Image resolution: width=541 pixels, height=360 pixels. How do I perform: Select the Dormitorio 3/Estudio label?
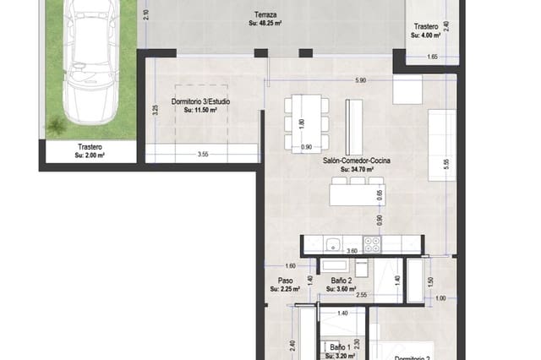pos(200,101)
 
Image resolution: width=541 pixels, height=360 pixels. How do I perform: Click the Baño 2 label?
pos(341,280)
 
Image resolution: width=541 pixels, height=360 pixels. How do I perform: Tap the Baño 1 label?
pos(339,346)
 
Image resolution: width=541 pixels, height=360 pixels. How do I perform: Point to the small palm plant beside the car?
pos(56,127)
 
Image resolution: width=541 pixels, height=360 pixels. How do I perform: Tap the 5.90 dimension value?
pos(360,80)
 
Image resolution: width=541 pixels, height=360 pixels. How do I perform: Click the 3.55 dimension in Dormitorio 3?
pos(203,155)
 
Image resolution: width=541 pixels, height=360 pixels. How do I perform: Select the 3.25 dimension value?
pos(156,110)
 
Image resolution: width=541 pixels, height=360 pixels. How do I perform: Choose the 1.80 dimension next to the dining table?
pos(302,123)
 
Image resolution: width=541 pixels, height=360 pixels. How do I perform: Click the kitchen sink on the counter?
pos(333,245)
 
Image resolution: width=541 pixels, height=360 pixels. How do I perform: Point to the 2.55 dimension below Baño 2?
pos(361,296)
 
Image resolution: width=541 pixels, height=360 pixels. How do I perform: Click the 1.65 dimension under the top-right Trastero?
pos(432,57)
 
